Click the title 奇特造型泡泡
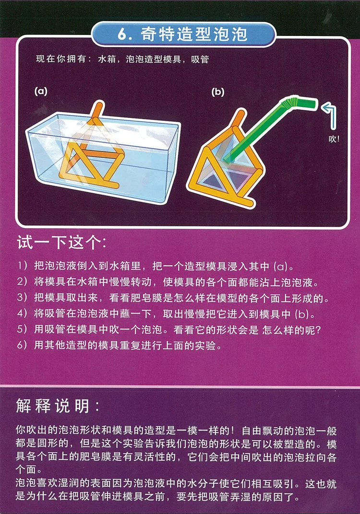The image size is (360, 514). pyautogui.click(x=194, y=34)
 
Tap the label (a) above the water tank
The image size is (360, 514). pyautogui.click(x=41, y=91)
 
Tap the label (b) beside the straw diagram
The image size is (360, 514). pyautogui.click(x=217, y=92)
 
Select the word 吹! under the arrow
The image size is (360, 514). pyautogui.click(x=334, y=139)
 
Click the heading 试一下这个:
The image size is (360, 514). pyautogui.click(x=61, y=243)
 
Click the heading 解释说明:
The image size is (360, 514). pyautogui.click(x=58, y=406)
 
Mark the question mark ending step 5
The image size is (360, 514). pyautogui.click(x=317, y=330)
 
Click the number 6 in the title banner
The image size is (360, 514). pyautogui.click(x=122, y=35)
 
